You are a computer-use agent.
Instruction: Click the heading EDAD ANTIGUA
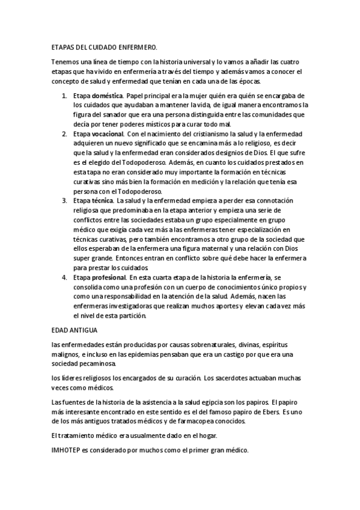click(x=75, y=330)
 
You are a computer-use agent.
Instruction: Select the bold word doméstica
click(x=107, y=96)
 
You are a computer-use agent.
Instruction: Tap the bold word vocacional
click(x=108, y=133)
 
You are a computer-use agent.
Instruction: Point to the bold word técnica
click(x=103, y=200)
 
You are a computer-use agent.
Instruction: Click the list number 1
click(x=64, y=96)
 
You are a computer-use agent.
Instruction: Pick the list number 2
click(x=64, y=133)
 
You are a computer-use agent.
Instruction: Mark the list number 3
click(x=64, y=200)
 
